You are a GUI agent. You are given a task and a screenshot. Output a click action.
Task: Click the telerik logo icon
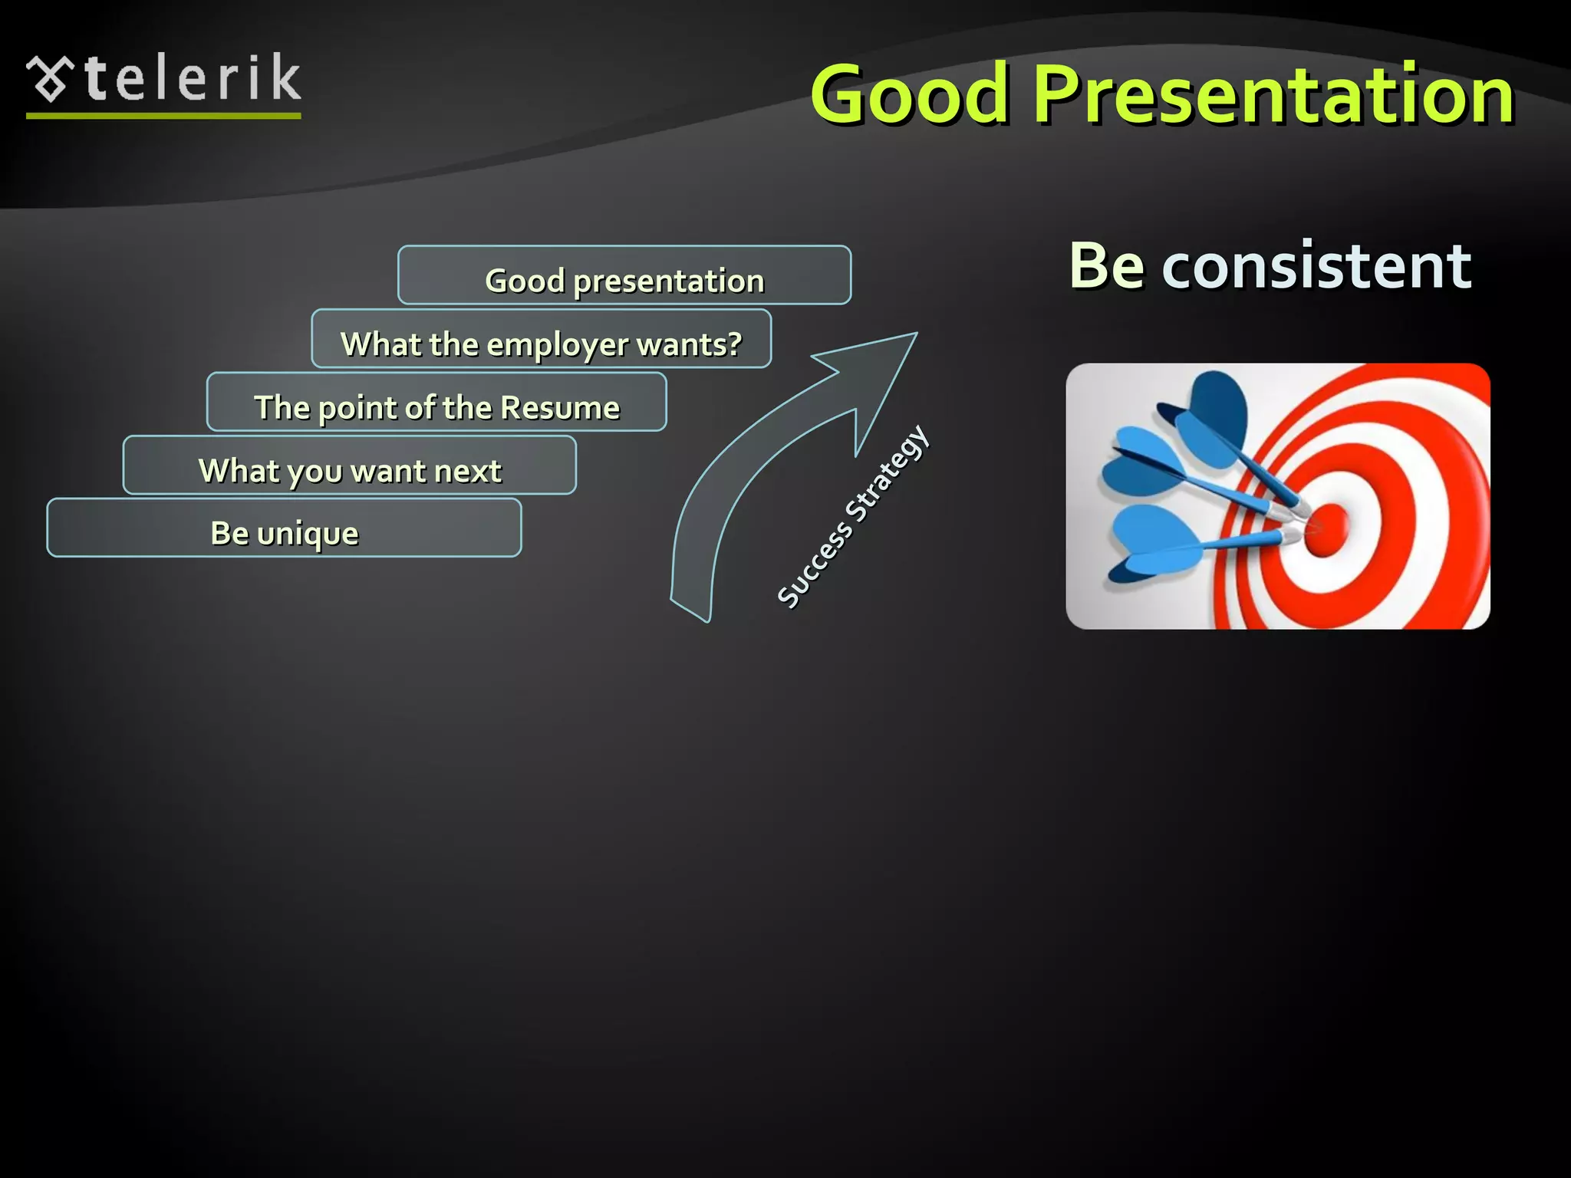click(x=50, y=78)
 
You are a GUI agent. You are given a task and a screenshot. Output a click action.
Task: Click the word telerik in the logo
click(x=193, y=78)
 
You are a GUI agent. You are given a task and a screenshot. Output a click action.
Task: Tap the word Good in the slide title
click(x=909, y=94)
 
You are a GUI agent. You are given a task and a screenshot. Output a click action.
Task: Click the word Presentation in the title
click(x=1273, y=94)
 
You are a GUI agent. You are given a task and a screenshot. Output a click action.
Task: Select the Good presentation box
click(x=624, y=275)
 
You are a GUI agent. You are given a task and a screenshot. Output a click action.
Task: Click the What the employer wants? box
click(x=541, y=339)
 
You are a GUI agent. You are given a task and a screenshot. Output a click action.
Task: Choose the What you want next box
click(x=349, y=466)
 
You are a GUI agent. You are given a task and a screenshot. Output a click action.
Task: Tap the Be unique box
click(x=284, y=528)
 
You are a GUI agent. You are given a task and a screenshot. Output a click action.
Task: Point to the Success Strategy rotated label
click(x=853, y=518)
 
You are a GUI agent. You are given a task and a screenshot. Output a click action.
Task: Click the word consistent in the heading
click(x=1316, y=266)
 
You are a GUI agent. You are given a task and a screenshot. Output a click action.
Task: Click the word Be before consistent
click(x=1106, y=266)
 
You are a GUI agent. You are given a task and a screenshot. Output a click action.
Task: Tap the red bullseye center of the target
click(x=1326, y=529)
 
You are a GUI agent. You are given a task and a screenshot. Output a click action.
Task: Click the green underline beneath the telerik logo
click(x=163, y=116)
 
